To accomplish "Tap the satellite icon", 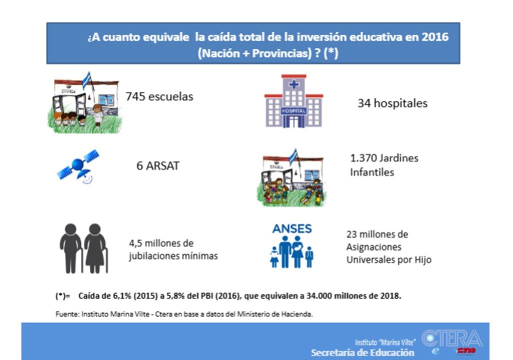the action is pyautogui.click(x=78, y=165).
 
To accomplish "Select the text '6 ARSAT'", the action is pyautogui.click(x=158, y=166).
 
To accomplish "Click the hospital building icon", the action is pyautogui.click(x=294, y=101).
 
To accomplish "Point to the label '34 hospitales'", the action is pyautogui.click(x=392, y=103).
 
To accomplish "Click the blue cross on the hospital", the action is pyautogui.click(x=294, y=84).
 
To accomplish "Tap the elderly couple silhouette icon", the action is pyautogui.click(x=84, y=248).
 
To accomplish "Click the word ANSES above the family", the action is pyautogui.click(x=292, y=228).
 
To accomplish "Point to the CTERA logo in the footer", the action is pyautogui.click(x=452, y=338).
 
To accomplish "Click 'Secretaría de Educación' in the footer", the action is pyautogui.click(x=362, y=353).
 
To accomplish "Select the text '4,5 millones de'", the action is pyautogui.click(x=161, y=243).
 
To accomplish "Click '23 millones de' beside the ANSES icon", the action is pyautogui.click(x=377, y=234).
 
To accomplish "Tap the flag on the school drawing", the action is pyautogui.click(x=86, y=80).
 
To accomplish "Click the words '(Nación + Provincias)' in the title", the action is pyautogui.click(x=254, y=53).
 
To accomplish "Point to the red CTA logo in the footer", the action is pyautogui.click(x=466, y=351).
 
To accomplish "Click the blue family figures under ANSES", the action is pyautogui.click(x=291, y=251).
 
